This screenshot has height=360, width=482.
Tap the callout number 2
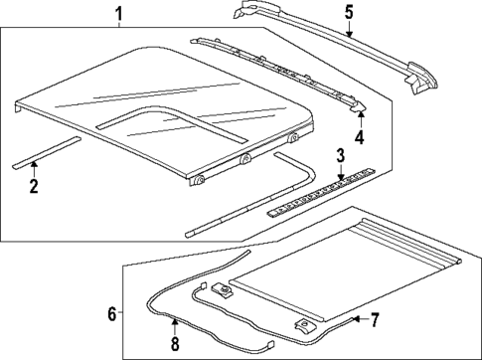click(x=33, y=186)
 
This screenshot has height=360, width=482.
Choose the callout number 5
click(x=349, y=12)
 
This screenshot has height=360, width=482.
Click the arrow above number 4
click(x=360, y=119)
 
